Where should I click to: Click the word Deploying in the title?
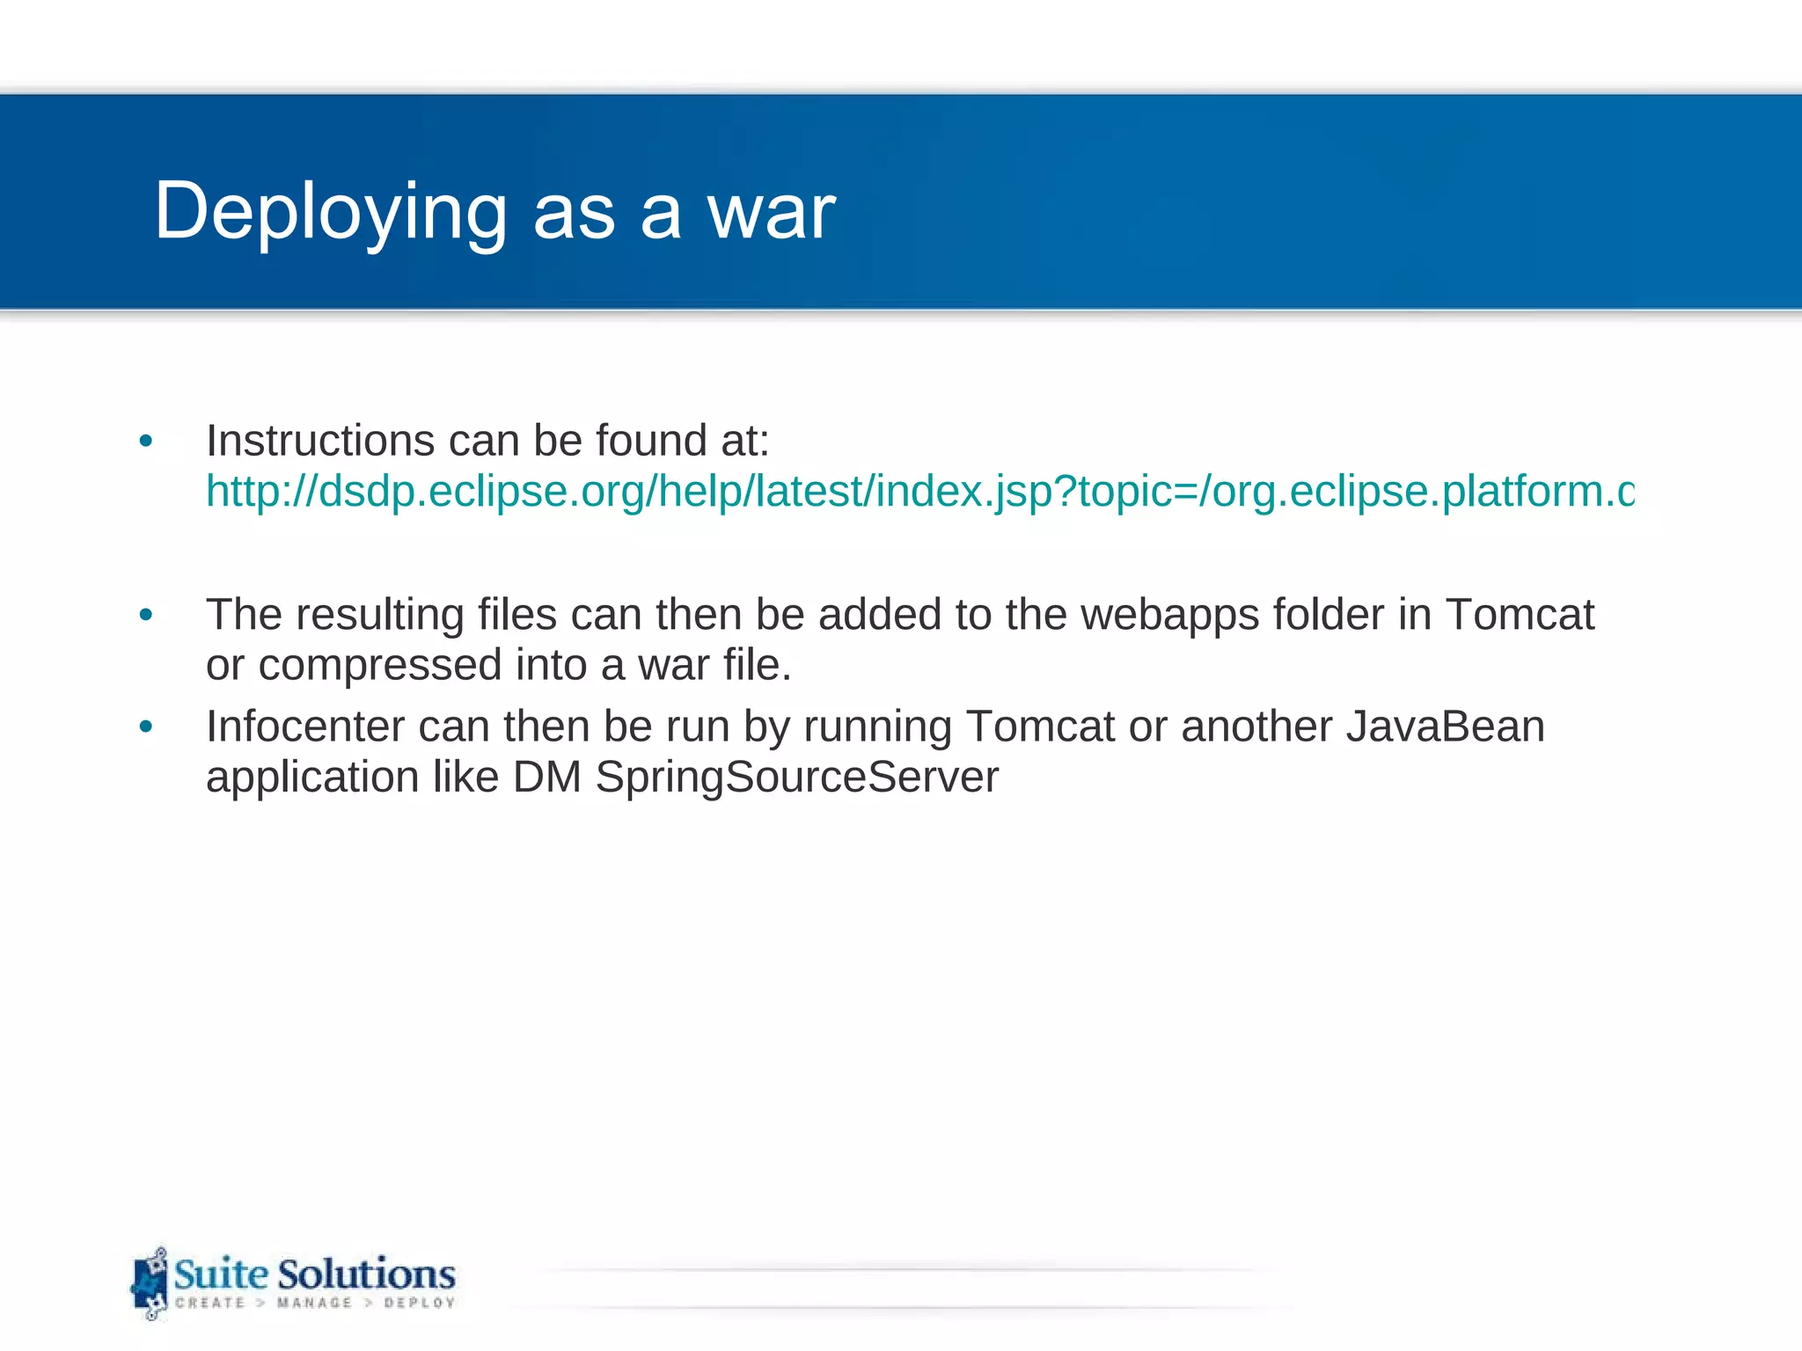(331, 212)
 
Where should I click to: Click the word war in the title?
(772, 212)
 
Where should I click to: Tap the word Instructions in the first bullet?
(320, 440)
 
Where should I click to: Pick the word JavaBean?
(1445, 727)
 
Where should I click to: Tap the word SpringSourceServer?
(796, 777)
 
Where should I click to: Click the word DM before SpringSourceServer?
(546, 777)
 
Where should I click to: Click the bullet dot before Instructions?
(146, 441)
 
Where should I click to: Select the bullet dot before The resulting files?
(146, 615)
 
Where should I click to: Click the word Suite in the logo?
(221, 1273)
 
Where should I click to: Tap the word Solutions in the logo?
(366, 1273)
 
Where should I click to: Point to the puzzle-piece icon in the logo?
(150, 1283)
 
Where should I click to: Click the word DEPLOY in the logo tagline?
(420, 1303)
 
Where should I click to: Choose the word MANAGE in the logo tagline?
(314, 1303)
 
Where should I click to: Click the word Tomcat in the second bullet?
(1520, 614)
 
